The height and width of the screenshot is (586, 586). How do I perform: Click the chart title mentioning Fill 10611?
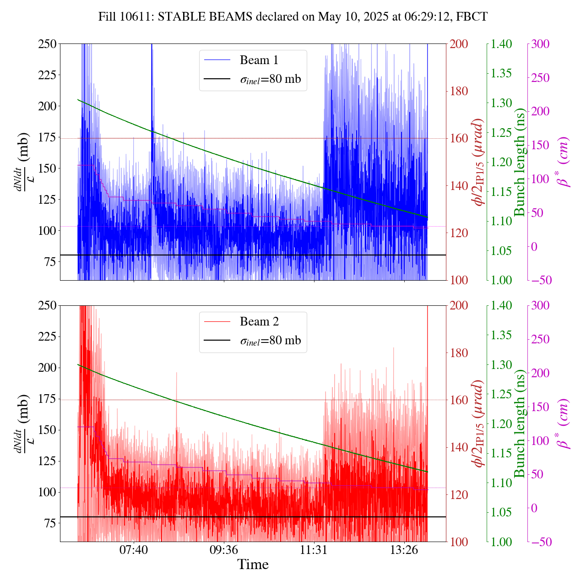[293, 17]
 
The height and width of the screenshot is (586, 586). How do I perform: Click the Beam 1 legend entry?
[259, 60]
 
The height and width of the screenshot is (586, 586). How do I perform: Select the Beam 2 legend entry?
[259, 321]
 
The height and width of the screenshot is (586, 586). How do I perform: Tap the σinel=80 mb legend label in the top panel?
[271, 79]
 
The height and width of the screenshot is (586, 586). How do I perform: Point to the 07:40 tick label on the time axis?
[134, 549]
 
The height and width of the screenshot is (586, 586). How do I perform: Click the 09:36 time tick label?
[224, 549]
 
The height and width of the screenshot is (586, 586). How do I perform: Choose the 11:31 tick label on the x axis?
[314, 549]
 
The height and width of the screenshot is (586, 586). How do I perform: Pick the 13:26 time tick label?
[404, 549]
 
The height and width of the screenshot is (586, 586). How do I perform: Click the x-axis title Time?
[253, 564]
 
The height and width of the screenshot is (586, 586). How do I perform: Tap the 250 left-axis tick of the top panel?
[47, 44]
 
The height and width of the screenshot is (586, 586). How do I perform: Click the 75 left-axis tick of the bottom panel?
[50, 523]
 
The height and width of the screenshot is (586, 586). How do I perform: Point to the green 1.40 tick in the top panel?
[502, 44]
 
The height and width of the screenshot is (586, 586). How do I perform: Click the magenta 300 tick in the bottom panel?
[540, 306]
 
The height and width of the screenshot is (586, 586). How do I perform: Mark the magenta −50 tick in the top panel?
[540, 280]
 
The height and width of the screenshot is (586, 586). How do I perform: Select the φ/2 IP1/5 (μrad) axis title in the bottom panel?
[479, 423]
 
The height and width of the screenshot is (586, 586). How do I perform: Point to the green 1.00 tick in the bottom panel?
[502, 542]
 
